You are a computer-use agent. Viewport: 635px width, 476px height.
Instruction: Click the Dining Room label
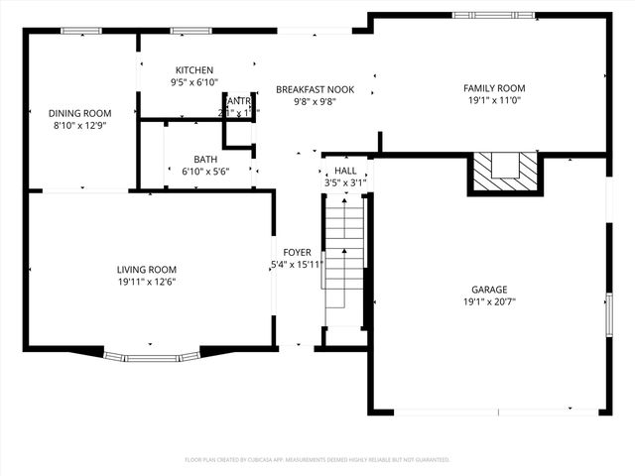tap(80, 113)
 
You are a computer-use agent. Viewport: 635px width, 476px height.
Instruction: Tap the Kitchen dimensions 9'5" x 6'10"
tap(194, 83)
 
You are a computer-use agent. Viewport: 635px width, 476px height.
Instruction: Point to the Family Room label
tap(494, 88)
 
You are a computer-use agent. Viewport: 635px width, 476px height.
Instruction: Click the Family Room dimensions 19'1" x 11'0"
tap(494, 101)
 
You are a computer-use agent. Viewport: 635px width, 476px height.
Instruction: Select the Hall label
tap(345, 171)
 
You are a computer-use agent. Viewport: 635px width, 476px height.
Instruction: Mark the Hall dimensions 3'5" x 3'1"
tap(345, 183)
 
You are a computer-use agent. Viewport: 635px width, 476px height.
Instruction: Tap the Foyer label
tap(297, 252)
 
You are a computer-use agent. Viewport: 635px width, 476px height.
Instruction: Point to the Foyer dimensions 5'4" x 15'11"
tap(297, 265)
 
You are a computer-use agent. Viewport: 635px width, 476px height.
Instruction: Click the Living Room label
tap(147, 269)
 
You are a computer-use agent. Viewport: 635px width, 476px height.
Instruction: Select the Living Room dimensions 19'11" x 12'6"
tap(147, 282)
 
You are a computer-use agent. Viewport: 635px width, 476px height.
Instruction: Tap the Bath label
tap(205, 159)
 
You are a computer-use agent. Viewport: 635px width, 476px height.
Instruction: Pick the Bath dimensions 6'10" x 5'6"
tap(205, 172)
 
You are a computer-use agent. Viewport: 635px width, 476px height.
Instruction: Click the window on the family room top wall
tap(480, 15)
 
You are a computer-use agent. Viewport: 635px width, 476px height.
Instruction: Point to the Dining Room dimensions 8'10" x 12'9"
tap(80, 126)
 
